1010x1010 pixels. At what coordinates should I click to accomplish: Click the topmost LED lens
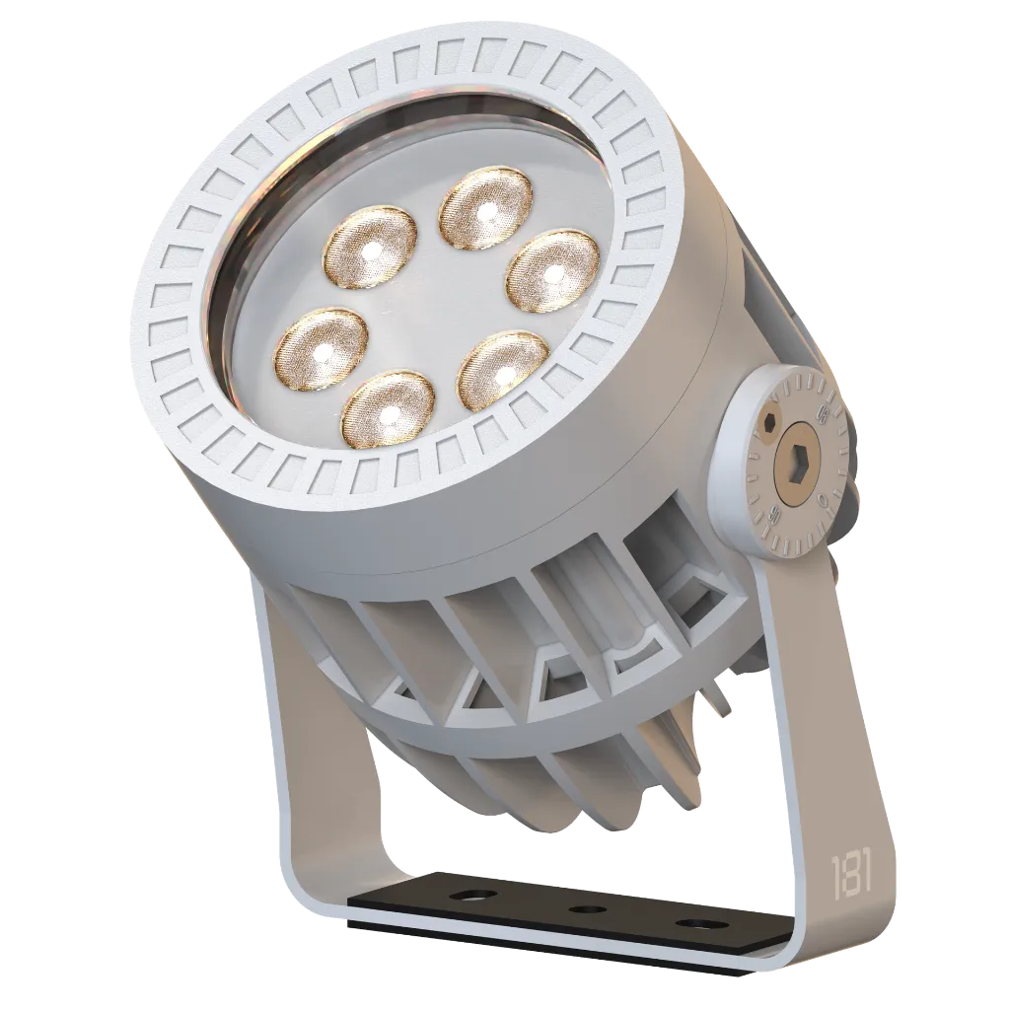[x=482, y=205]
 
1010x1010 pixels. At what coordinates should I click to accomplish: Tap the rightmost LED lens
[x=553, y=268]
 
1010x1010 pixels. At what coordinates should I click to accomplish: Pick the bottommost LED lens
[x=388, y=409]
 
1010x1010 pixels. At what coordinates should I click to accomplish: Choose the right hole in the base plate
[x=701, y=924]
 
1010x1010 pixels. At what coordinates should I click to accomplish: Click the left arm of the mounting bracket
[x=296, y=750]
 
